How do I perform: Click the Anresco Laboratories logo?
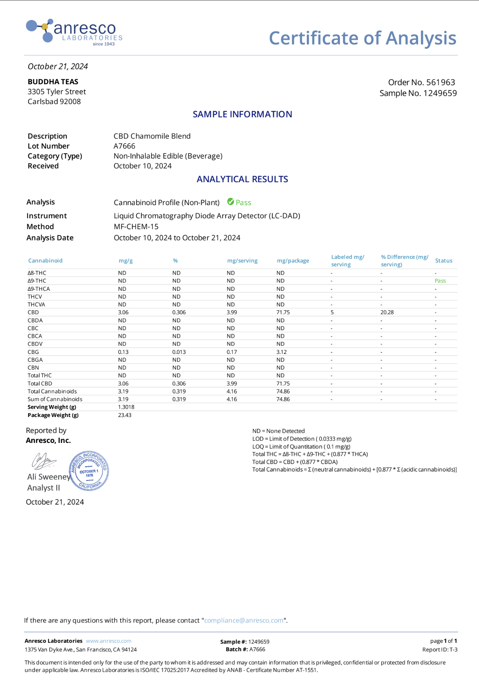pos(74,32)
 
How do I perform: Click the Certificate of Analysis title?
pos(362,38)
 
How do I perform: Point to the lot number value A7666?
pos(124,146)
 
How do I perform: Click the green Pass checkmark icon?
pos(230,202)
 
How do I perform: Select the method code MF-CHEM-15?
pos(136,227)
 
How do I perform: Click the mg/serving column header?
pos(242,261)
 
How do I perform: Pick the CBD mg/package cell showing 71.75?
pos(283,312)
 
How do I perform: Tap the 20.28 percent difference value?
pos(387,312)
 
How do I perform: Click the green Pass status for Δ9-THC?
pos(440,281)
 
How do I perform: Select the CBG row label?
pos(33,352)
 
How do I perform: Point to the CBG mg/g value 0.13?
pos(123,352)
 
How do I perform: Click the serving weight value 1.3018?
pos(126,407)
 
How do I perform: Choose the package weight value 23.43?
pos(124,415)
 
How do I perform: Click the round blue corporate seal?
pos(89,471)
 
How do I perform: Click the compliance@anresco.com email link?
pos(244,620)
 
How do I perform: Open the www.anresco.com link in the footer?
pos(109,641)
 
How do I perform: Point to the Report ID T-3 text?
pos(440,650)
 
